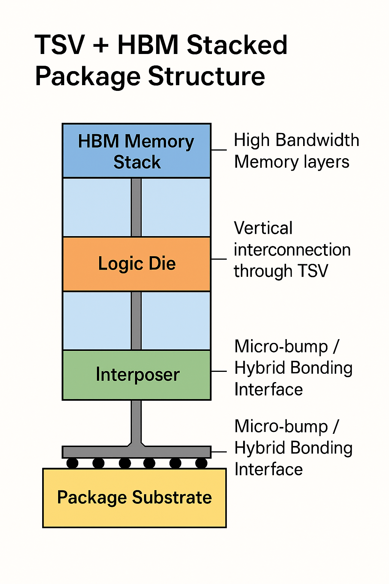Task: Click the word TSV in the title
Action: tap(60, 45)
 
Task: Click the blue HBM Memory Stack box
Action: tap(136, 151)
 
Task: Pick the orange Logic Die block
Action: tap(136, 264)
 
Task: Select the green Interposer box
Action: tap(136, 375)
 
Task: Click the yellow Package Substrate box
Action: tap(134, 498)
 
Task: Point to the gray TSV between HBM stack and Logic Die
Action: tap(136, 207)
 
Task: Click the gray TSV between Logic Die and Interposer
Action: tap(136, 321)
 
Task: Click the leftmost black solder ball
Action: tap(72, 463)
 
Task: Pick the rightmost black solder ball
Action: tap(201, 463)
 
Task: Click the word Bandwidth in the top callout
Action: tap(317, 140)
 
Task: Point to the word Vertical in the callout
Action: tap(263, 229)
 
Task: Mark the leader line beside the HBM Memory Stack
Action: tap(219, 150)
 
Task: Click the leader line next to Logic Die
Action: tap(219, 259)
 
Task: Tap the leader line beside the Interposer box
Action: tap(219, 371)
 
